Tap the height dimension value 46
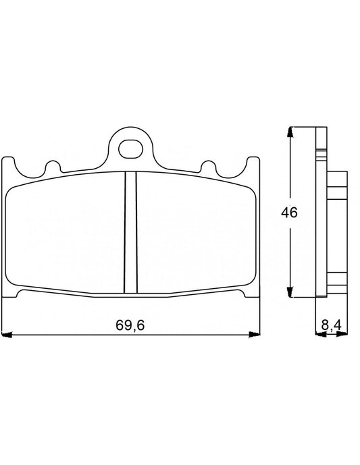[x=289, y=212]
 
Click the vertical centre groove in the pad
[x=130, y=233]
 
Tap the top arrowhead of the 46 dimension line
[x=290, y=132]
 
